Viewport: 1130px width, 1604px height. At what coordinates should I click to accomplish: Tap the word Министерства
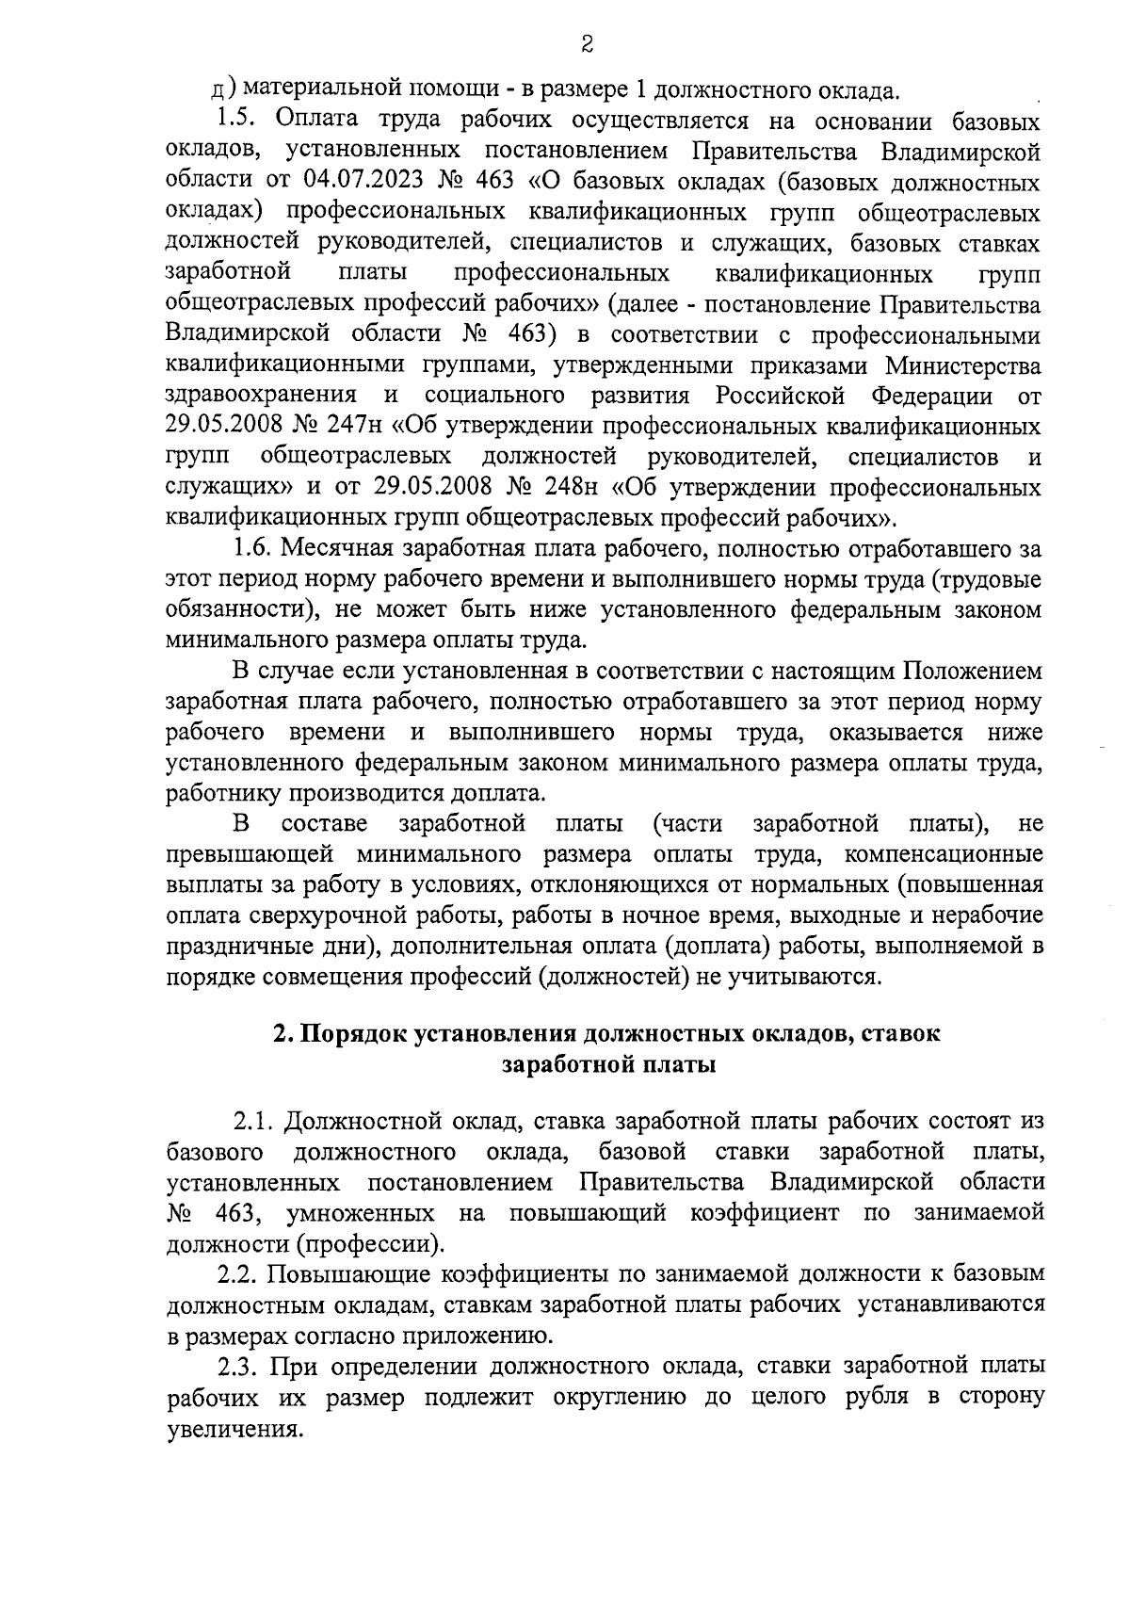point(973,365)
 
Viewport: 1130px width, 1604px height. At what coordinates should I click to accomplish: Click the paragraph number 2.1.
point(253,1122)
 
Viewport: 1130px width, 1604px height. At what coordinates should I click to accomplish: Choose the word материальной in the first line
point(316,91)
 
